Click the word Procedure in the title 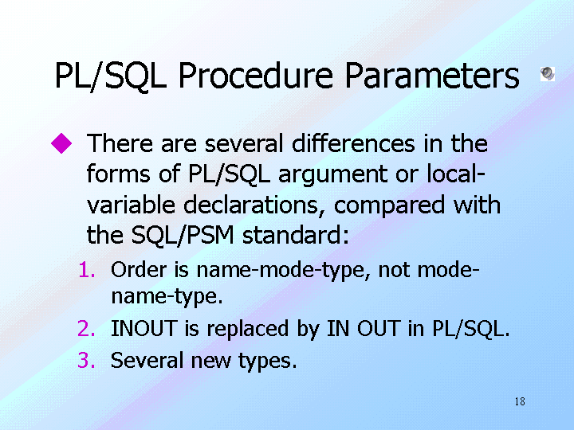pos(256,76)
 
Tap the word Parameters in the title pos(432,76)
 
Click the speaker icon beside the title pos(548,73)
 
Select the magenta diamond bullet pos(61,143)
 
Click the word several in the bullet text pos(244,143)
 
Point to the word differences pos(353,143)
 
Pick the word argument pos(332,174)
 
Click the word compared pos(389,206)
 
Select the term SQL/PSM pos(183,235)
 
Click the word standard pos(296,235)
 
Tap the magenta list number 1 pos(87,270)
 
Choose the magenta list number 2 pos(86,328)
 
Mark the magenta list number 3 pos(86,360)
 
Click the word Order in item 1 pos(139,270)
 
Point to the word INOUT pos(143,328)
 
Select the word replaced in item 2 pos(247,329)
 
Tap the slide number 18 pos(520,401)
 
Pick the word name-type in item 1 pos(167,297)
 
